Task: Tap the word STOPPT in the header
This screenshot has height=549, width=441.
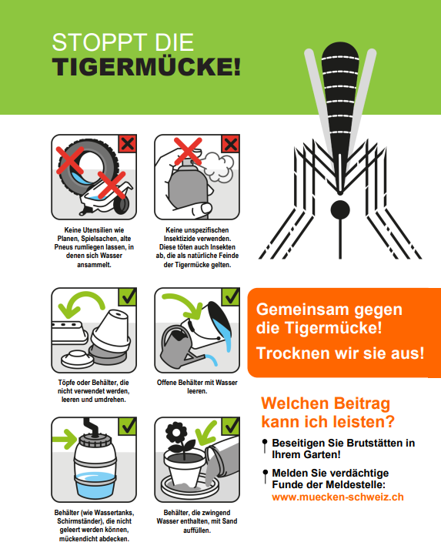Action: [x=99, y=42]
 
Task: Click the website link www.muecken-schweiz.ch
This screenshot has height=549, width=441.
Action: [x=338, y=497]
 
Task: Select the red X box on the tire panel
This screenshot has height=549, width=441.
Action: [x=128, y=143]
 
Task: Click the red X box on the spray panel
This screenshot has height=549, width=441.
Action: [x=230, y=143]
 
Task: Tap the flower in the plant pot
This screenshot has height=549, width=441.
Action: [x=177, y=434]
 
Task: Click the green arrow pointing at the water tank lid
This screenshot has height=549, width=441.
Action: [x=65, y=440]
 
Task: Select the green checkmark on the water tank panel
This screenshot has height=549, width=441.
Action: [x=128, y=426]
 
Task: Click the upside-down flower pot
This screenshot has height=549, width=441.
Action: [x=111, y=330]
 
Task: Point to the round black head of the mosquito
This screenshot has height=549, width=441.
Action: [x=340, y=210]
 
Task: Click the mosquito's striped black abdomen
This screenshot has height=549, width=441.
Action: [x=340, y=102]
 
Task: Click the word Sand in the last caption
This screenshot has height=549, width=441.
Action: [x=229, y=521]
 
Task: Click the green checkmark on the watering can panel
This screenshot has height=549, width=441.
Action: [x=230, y=297]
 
